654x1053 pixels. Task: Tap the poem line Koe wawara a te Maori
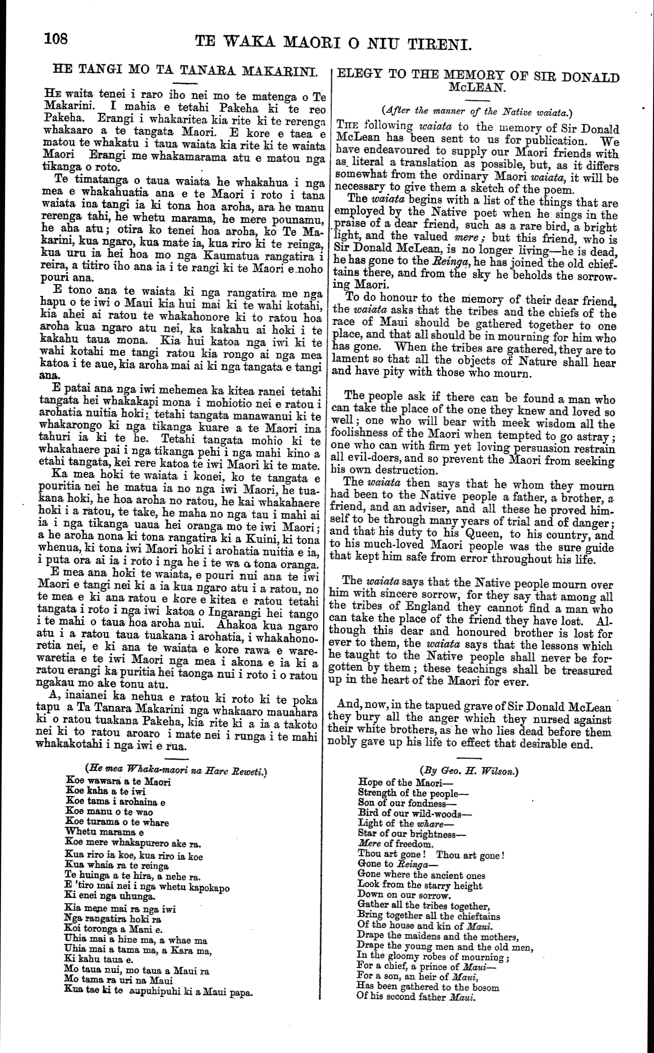click(x=119, y=781)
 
